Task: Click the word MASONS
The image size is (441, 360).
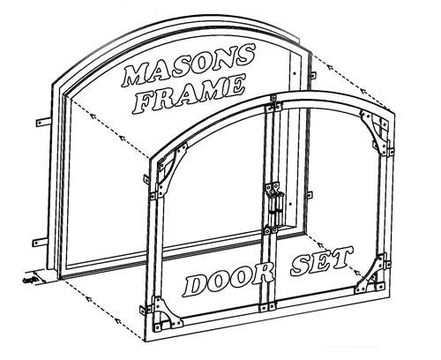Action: (188, 65)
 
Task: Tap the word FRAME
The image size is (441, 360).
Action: (189, 94)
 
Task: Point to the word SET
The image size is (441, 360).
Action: (321, 261)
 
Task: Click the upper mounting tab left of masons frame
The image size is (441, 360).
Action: (43, 121)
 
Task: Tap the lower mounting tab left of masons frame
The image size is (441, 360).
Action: (40, 242)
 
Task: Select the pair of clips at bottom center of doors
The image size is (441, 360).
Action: (267, 307)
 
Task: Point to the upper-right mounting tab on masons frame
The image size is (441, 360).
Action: (313, 74)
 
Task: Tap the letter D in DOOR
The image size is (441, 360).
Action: (195, 285)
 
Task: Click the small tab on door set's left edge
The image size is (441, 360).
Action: (146, 179)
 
